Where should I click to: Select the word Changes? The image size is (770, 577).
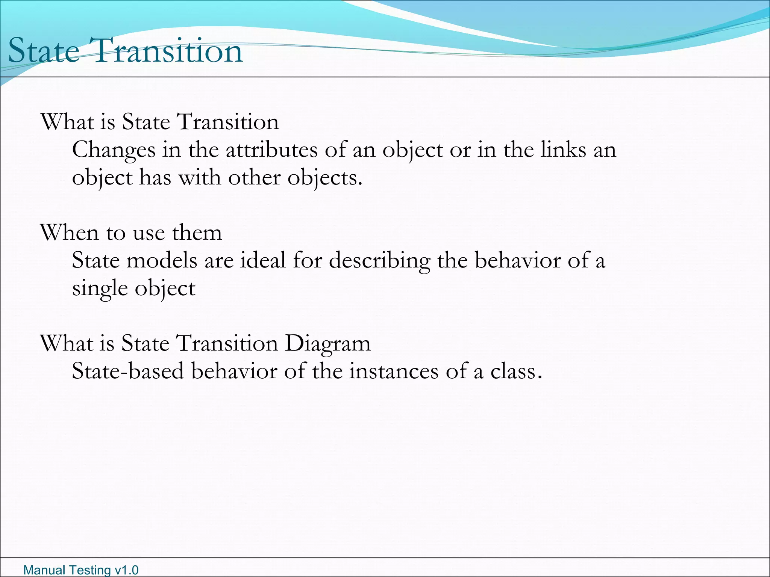114,150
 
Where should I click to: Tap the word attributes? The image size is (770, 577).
271,150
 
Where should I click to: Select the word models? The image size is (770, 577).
162,260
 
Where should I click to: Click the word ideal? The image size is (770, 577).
263,260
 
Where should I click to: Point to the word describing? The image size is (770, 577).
380,261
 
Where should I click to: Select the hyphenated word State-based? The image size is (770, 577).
128,371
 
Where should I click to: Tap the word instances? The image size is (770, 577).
394,371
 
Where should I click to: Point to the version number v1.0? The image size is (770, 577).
126,570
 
